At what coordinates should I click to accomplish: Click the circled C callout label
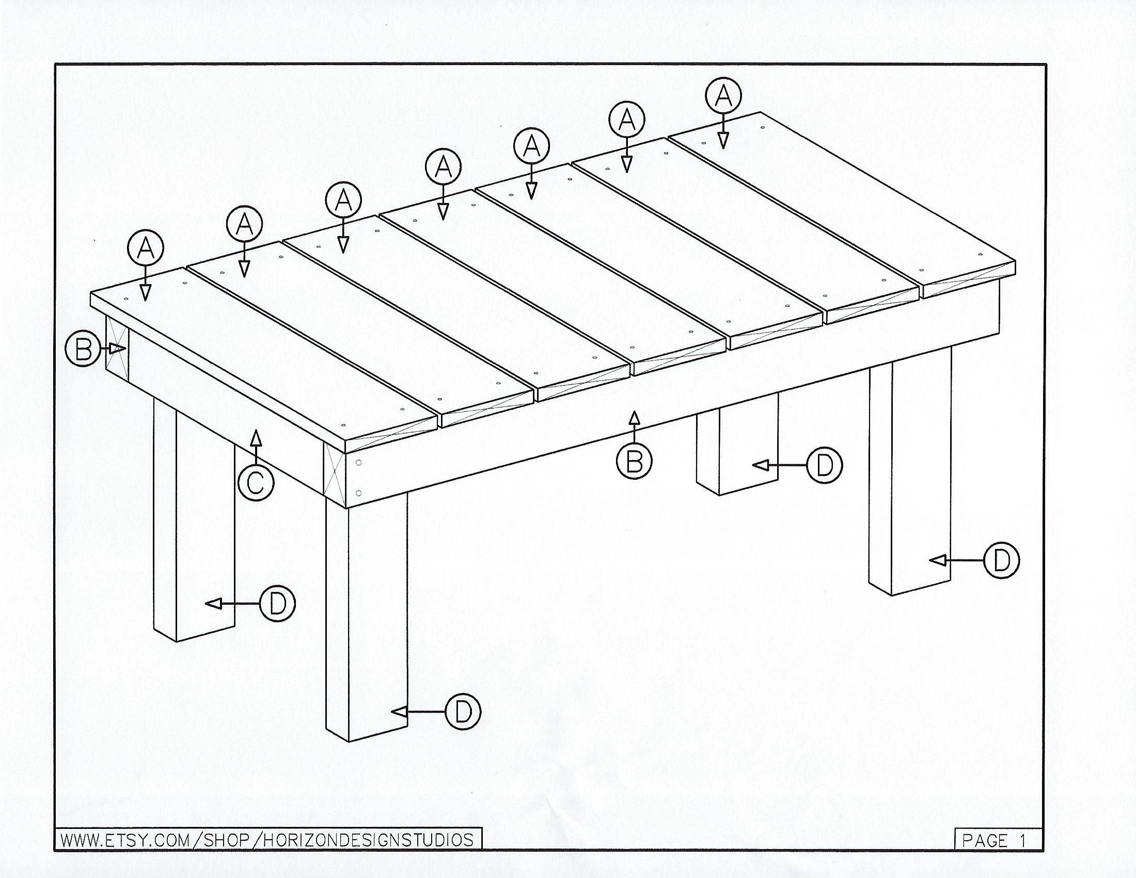pyautogui.click(x=256, y=483)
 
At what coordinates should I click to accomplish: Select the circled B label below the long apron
pyautogui.click(x=634, y=461)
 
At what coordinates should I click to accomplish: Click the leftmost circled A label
pyautogui.click(x=146, y=249)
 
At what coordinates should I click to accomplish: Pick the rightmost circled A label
pyautogui.click(x=723, y=96)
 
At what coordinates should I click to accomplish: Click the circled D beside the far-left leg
pyautogui.click(x=277, y=603)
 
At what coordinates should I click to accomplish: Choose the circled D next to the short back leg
pyautogui.click(x=824, y=465)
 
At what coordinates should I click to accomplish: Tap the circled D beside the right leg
pyautogui.click(x=1001, y=560)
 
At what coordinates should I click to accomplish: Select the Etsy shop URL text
pyautogui.click(x=267, y=840)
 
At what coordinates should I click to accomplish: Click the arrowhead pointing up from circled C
pyautogui.click(x=256, y=438)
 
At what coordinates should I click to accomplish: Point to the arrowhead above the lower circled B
pyautogui.click(x=634, y=418)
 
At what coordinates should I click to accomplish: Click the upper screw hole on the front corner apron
pyautogui.click(x=359, y=462)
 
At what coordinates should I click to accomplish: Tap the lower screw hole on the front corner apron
pyautogui.click(x=359, y=493)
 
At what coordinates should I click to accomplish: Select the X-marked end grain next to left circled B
pyautogui.click(x=117, y=346)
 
